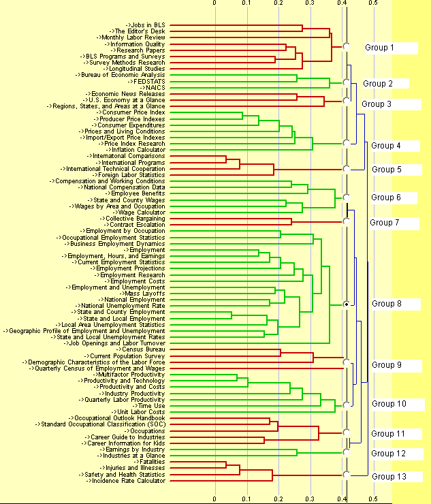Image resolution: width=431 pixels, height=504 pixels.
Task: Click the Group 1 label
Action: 379,48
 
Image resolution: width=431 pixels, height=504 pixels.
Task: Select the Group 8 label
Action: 386,304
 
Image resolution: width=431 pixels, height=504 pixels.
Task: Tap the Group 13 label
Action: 388,477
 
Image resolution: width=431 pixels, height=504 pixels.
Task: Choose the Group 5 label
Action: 386,170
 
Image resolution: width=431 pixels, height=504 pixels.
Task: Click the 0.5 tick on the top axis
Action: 373,3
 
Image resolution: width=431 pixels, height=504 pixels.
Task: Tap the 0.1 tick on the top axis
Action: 246,3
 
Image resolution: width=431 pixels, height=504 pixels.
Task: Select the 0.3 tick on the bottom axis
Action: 310,499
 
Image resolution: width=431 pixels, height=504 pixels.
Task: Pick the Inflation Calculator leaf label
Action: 138,150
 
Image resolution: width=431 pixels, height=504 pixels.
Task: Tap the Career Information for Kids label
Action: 127,443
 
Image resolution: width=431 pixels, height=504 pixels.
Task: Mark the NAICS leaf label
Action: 153,88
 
